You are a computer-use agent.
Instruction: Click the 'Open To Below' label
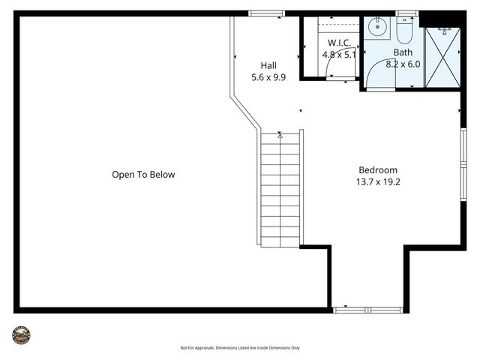pos(142,175)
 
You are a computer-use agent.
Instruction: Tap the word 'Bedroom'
pos(378,169)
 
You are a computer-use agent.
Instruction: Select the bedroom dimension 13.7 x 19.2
pos(378,181)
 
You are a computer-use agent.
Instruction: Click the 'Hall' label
pos(268,65)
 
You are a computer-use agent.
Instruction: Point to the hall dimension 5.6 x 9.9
pos(268,76)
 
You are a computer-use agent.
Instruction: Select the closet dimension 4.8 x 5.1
pos(339,55)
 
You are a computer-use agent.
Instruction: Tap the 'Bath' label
pos(403,52)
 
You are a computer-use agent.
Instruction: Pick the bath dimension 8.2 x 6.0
pos(403,64)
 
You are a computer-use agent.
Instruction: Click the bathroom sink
pos(376,28)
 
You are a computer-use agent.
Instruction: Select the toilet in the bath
pos(405,31)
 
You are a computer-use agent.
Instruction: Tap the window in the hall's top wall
pos(267,13)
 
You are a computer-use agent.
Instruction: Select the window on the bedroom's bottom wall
pos(367,309)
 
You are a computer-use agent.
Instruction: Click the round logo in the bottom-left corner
pos(21,335)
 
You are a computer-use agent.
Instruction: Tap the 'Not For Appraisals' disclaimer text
pos(240,348)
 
